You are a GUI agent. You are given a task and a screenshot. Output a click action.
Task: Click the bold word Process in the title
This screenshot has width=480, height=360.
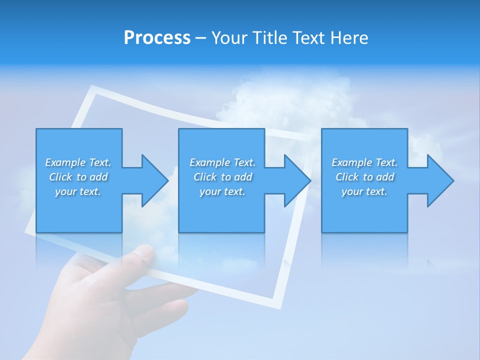(x=157, y=38)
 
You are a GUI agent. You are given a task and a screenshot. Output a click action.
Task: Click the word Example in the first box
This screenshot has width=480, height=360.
(x=65, y=162)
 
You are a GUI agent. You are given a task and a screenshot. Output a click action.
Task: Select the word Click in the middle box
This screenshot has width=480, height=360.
(x=204, y=177)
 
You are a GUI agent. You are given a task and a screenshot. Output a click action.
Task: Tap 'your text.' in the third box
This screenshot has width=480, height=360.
(x=364, y=191)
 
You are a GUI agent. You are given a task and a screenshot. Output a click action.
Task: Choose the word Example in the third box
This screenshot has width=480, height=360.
(x=351, y=162)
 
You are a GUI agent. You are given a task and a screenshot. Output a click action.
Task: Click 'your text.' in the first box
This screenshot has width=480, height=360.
(x=78, y=191)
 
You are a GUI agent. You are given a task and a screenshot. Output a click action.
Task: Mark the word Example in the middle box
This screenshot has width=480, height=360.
(x=209, y=162)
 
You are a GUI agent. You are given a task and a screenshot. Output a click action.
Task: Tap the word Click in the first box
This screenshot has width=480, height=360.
(x=60, y=177)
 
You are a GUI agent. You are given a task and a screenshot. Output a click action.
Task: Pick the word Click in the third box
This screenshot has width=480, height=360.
(x=347, y=177)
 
